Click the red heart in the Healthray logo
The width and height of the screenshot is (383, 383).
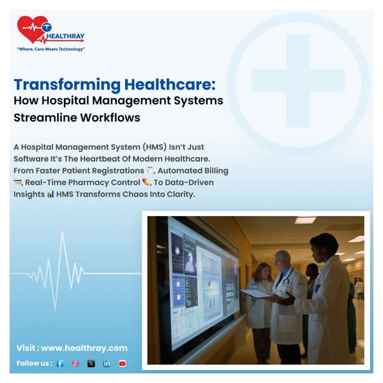[31, 28]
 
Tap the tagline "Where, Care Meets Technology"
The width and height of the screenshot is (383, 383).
[51, 49]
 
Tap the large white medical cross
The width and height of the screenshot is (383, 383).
[297, 81]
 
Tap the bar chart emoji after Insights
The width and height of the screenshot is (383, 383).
[50, 194]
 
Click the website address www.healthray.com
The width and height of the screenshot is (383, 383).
[84, 348]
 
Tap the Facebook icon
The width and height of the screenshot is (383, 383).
[60, 363]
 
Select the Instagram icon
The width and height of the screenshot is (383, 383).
[75, 363]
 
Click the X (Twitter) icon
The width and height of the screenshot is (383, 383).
[91, 363]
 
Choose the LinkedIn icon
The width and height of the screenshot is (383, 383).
[107, 363]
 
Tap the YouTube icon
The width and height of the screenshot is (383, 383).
[122, 363]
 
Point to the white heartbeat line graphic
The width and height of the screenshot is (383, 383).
[63, 272]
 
